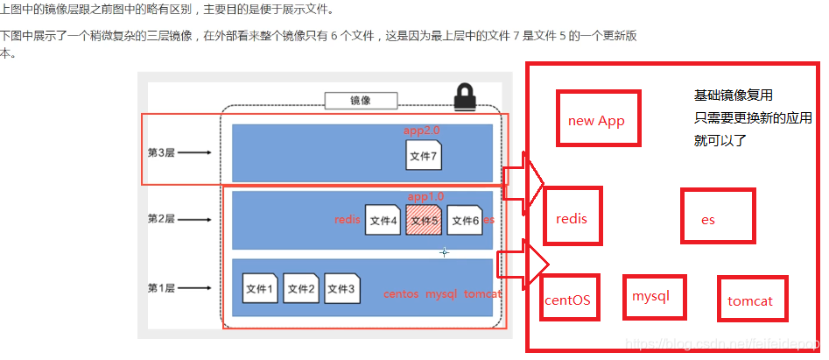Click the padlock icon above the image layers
click(464, 97)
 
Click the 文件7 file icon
click(423, 155)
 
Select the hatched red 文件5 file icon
click(423, 220)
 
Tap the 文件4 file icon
click(383, 220)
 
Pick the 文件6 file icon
click(464, 220)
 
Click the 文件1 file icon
click(260, 287)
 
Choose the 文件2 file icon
click(300, 287)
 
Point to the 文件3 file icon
click(341, 287)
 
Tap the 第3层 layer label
click(162, 152)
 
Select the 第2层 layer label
click(162, 218)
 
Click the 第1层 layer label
click(162, 287)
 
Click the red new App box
click(597, 119)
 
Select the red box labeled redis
click(573, 217)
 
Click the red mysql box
click(653, 297)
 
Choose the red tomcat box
click(751, 300)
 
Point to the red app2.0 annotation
click(421, 130)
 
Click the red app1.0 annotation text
click(425, 196)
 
